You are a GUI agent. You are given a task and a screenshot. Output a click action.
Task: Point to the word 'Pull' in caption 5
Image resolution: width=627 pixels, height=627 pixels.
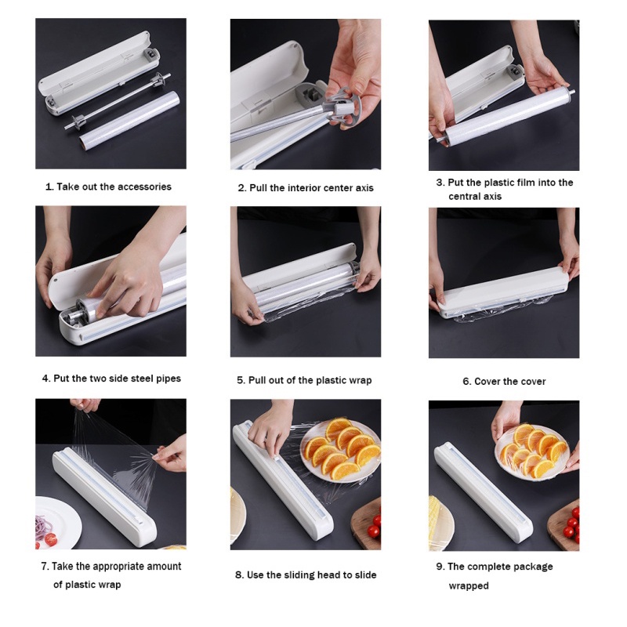coord(257,380)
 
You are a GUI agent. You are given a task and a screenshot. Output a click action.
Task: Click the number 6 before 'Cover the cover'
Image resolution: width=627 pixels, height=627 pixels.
coord(466,382)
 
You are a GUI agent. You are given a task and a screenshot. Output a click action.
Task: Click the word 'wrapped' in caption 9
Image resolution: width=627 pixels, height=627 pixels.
coord(469,585)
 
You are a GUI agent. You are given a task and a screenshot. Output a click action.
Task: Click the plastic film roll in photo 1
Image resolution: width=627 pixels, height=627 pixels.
coord(129,119)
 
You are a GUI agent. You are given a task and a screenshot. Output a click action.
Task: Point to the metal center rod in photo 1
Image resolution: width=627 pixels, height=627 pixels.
coord(117,101)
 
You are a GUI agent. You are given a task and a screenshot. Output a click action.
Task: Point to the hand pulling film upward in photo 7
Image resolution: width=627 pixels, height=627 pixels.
coord(85,405)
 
